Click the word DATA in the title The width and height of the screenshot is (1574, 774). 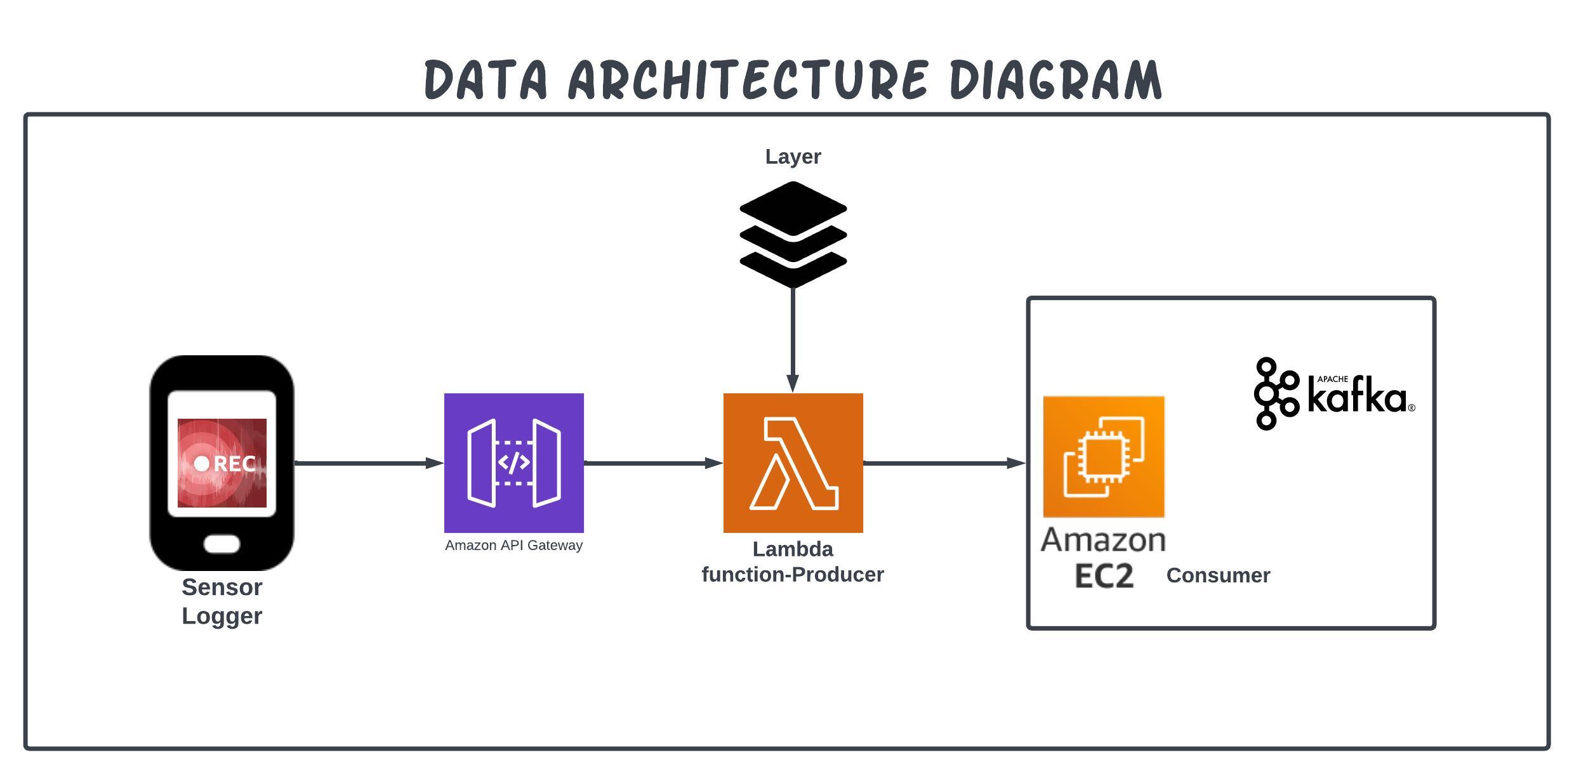pos(486,79)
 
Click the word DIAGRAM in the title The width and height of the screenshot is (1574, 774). pos(1056,79)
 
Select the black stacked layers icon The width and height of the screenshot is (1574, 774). pos(793,235)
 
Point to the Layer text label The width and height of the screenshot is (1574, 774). pos(793,157)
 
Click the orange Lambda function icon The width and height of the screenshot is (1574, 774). pos(793,463)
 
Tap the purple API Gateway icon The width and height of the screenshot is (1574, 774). pos(514,463)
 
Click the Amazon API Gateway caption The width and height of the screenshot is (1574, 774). pos(514,546)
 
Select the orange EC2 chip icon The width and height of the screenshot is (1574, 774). pos(1104,457)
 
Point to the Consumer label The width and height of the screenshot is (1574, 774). pos(1219,575)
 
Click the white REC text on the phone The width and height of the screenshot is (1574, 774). pos(235,464)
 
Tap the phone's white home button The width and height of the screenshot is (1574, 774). pos(222,544)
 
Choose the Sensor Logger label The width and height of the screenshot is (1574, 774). pos(222,601)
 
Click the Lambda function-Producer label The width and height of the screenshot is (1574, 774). pos(793,561)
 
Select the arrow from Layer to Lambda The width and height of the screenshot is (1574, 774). pos(793,341)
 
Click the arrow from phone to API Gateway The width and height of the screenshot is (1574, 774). pos(369,463)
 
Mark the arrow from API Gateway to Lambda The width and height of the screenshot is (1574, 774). pos(654,463)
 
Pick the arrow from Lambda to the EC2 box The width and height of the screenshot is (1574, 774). pos(945,463)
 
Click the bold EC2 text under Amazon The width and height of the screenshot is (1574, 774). pos(1104,576)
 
